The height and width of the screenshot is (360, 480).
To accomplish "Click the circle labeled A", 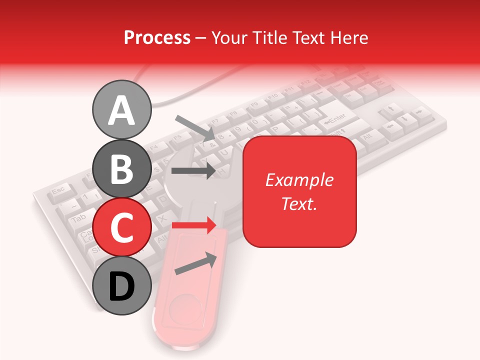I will tap(121, 109).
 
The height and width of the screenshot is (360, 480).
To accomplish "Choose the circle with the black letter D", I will tap(121, 285).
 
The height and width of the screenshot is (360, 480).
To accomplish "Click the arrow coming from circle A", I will tap(195, 127).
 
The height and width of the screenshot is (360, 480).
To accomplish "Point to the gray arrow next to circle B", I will tap(193, 170).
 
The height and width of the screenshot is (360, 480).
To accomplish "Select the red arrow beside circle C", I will tap(194, 225).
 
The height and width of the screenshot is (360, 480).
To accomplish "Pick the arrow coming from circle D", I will tap(196, 263).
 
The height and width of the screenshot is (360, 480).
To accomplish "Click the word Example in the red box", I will tap(299, 180).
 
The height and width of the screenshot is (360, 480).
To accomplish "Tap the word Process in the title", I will tap(157, 37).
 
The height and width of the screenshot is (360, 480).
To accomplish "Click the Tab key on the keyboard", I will tap(78, 219).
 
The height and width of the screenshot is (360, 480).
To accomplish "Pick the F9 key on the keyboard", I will tap(254, 104).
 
